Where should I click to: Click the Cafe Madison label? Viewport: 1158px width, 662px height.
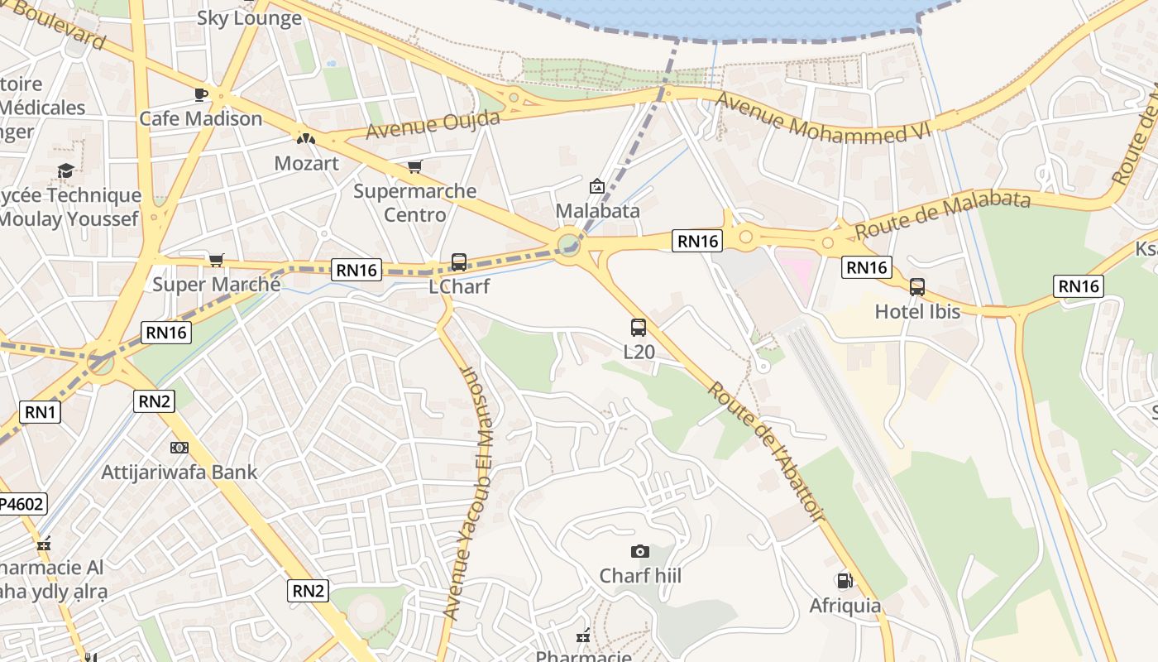200,118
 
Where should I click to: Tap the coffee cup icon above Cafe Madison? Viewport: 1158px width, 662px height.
200,94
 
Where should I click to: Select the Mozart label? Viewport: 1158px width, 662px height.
306,163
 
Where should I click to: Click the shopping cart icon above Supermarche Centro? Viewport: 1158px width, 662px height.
415,166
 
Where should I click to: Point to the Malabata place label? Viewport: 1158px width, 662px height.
597,210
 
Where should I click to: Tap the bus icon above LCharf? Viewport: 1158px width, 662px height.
459,262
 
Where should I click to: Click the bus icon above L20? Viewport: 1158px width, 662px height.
639,327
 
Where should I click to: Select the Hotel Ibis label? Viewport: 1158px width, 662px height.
917,312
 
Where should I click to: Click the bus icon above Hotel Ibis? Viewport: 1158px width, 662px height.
917,287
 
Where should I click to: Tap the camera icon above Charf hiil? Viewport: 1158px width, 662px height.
639,551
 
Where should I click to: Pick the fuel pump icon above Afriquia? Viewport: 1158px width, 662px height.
845,581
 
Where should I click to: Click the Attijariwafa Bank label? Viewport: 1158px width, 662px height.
179,473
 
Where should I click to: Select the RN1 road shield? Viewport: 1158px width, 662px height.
41,411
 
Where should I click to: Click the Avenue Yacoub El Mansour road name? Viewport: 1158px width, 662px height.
468,492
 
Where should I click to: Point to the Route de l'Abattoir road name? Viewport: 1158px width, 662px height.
765,452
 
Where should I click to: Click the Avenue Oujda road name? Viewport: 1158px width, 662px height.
433,125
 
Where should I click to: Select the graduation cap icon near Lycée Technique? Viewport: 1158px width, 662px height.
65,170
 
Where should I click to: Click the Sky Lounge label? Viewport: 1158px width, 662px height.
249,18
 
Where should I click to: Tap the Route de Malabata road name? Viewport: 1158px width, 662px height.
943,213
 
